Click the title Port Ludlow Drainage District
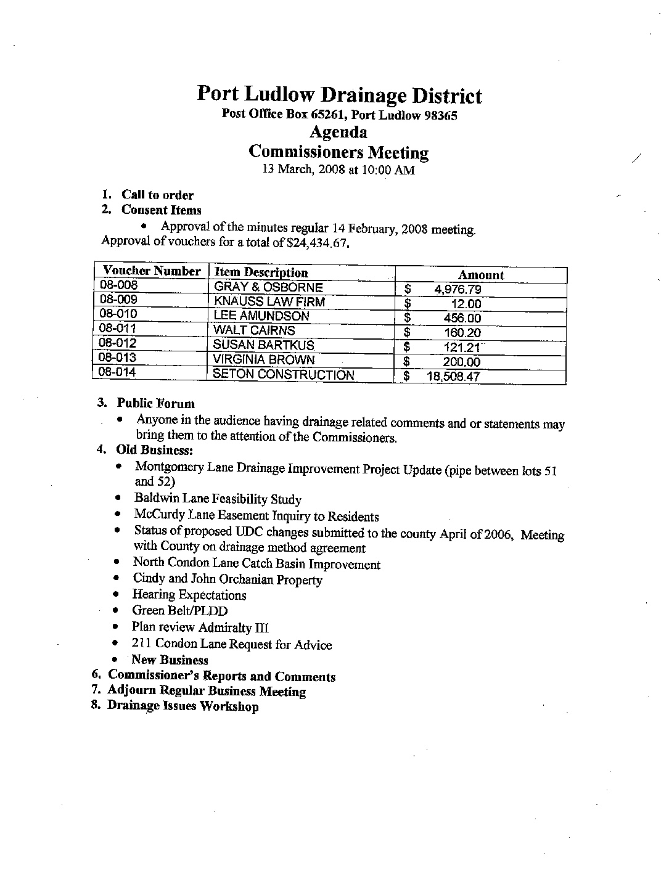(x=339, y=96)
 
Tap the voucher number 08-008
(x=119, y=285)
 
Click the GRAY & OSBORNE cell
(x=268, y=287)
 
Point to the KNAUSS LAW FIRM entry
(x=269, y=302)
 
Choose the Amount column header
(x=480, y=275)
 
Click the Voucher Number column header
(x=152, y=271)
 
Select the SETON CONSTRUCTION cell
(x=284, y=375)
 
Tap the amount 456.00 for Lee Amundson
(x=462, y=318)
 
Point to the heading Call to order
(x=157, y=195)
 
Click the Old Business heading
(x=155, y=450)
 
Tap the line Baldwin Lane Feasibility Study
(x=218, y=499)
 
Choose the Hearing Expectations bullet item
(x=189, y=595)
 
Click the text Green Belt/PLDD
(x=180, y=611)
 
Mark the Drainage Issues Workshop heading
(x=183, y=706)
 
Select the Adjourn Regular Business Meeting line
(x=207, y=692)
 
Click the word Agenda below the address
(x=338, y=133)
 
